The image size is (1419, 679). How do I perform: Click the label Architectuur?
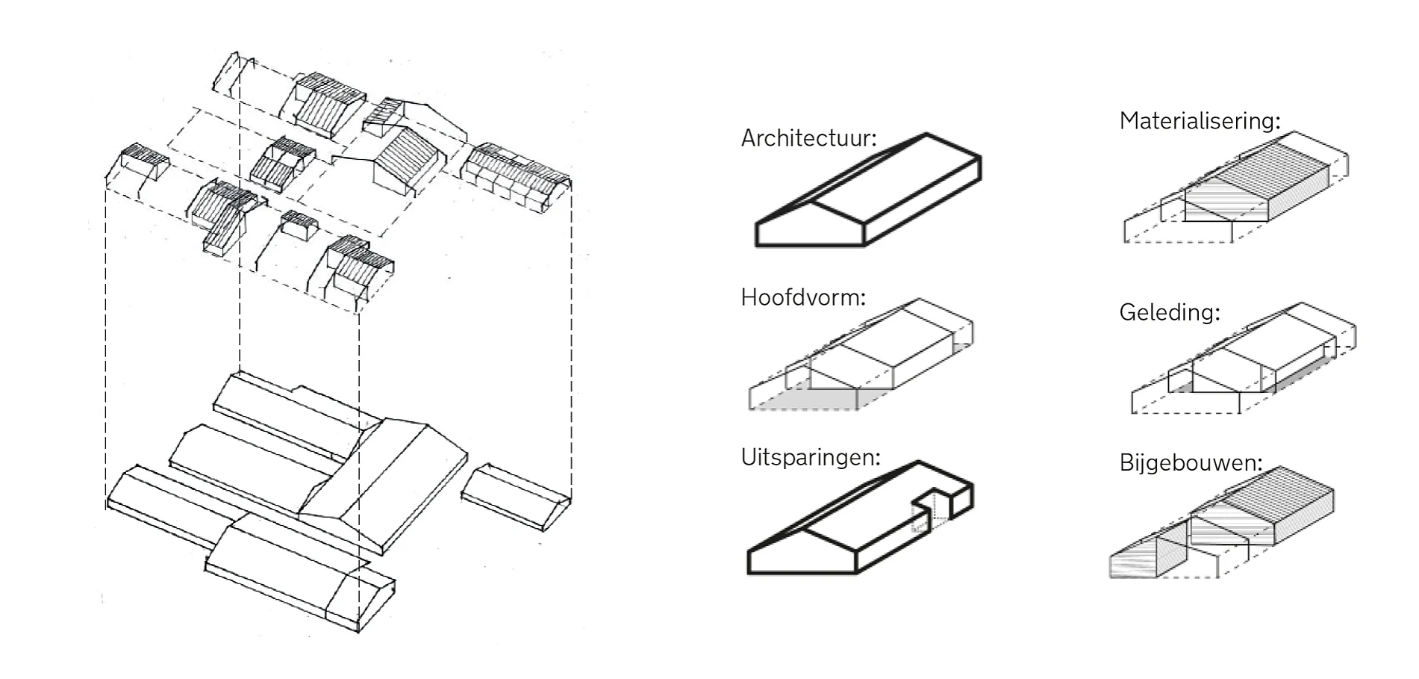pos(808,138)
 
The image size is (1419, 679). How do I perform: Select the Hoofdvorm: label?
pos(803,297)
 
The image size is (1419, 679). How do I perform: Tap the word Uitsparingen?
pos(811,457)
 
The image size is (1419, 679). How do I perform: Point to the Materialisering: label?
pos(1200,121)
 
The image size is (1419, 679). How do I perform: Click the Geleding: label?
pos(1169,312)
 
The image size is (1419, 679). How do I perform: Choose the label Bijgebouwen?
pos(1191,463)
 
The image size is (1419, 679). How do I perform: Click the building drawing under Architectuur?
pos(868,190)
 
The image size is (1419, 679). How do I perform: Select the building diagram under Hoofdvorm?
pos(861,355)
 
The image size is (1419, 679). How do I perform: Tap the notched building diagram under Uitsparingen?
pos(861,518)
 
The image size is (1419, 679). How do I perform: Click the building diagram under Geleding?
pos(1244,358)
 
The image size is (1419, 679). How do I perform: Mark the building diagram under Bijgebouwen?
pos(1221,522)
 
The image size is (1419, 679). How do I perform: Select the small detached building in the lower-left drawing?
pos(516,497)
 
